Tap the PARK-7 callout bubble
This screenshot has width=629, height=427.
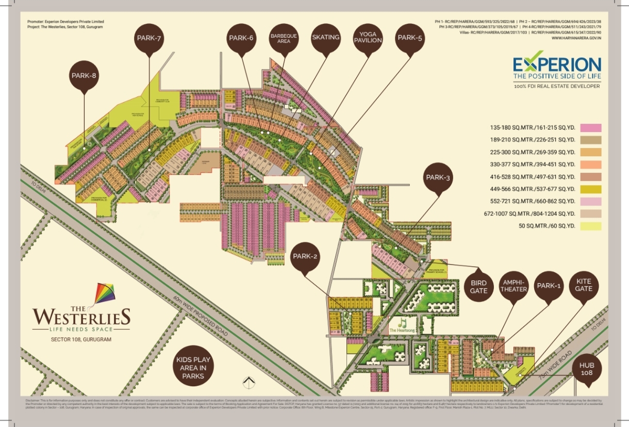149,38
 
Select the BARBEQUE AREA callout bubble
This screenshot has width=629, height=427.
284,37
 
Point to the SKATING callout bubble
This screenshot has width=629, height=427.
326,37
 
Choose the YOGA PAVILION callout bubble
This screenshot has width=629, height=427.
368,37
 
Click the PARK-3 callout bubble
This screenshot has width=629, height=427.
438,177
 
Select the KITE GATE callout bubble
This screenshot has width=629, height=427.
584,285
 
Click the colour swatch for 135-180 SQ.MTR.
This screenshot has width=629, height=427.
590,127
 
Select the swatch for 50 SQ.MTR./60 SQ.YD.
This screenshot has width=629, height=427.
590,226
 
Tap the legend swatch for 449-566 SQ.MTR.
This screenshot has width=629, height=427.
590,189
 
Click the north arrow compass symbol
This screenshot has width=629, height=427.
249,382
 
